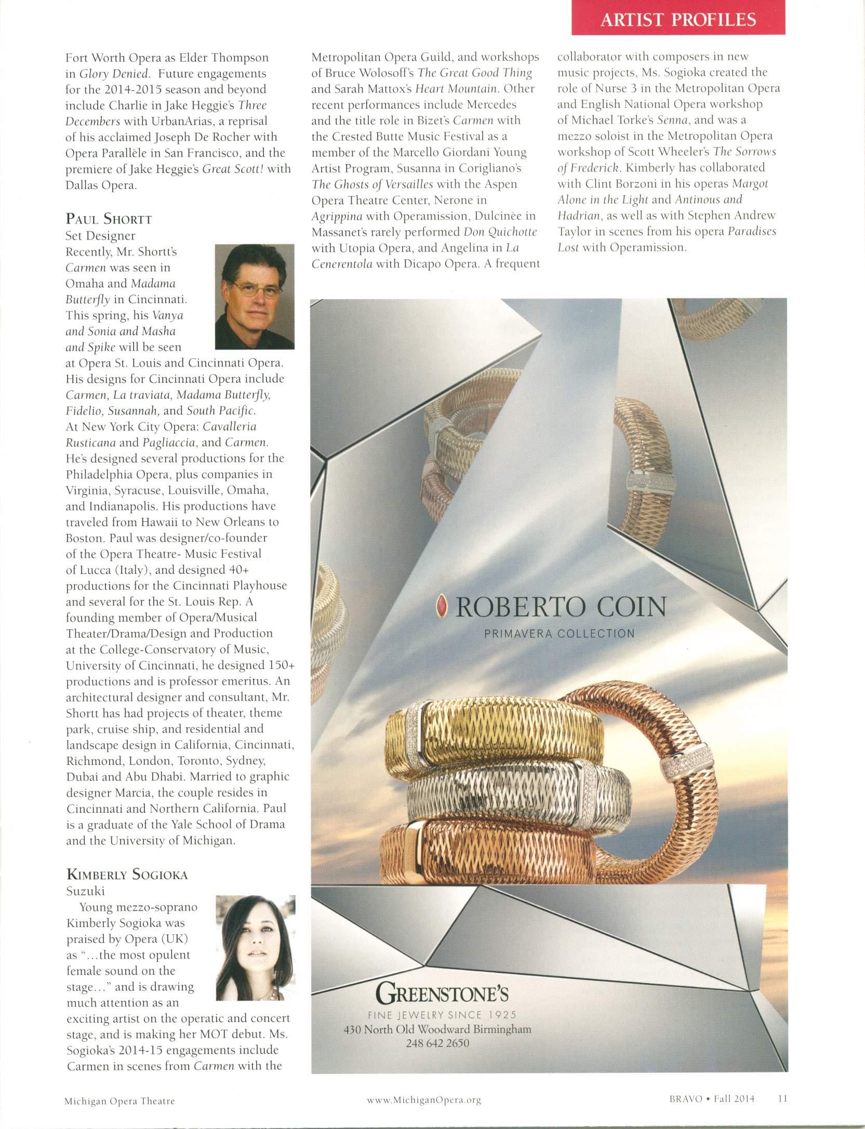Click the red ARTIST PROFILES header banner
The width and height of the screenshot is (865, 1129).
pyautogui.click(x=677, y=19)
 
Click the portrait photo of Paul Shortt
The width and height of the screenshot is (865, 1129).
pyautogui.click(x=255, y=297)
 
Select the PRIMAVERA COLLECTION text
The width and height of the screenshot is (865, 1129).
pyautogui.click(x=559, y=634)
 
